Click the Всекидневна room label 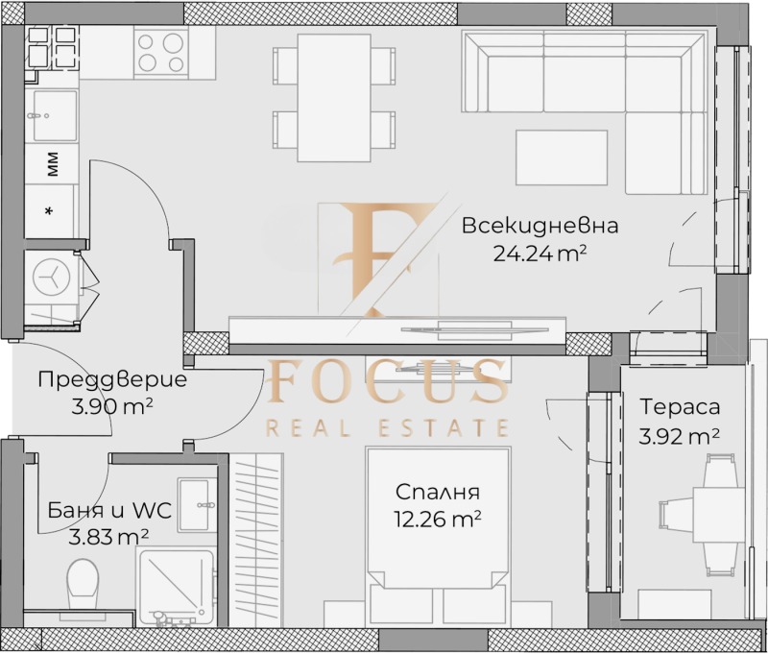coord(539,227)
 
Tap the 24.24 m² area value coord(539,254)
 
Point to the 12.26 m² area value coord(438,519)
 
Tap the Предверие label coord(112,379)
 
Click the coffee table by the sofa coord(561,157)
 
